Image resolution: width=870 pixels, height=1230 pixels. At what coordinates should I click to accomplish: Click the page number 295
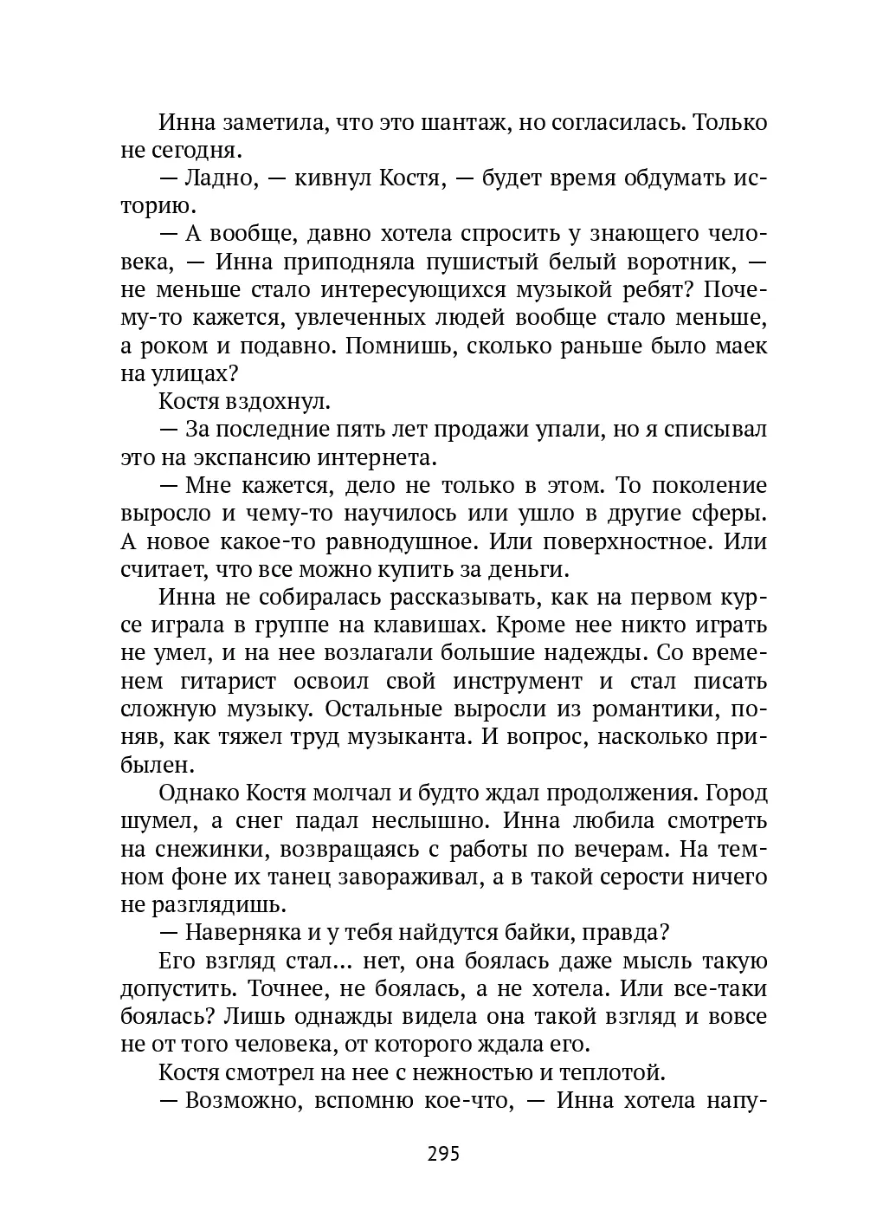click(442, 1154)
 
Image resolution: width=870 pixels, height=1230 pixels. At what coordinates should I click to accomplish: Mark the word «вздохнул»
click(276, 402)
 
